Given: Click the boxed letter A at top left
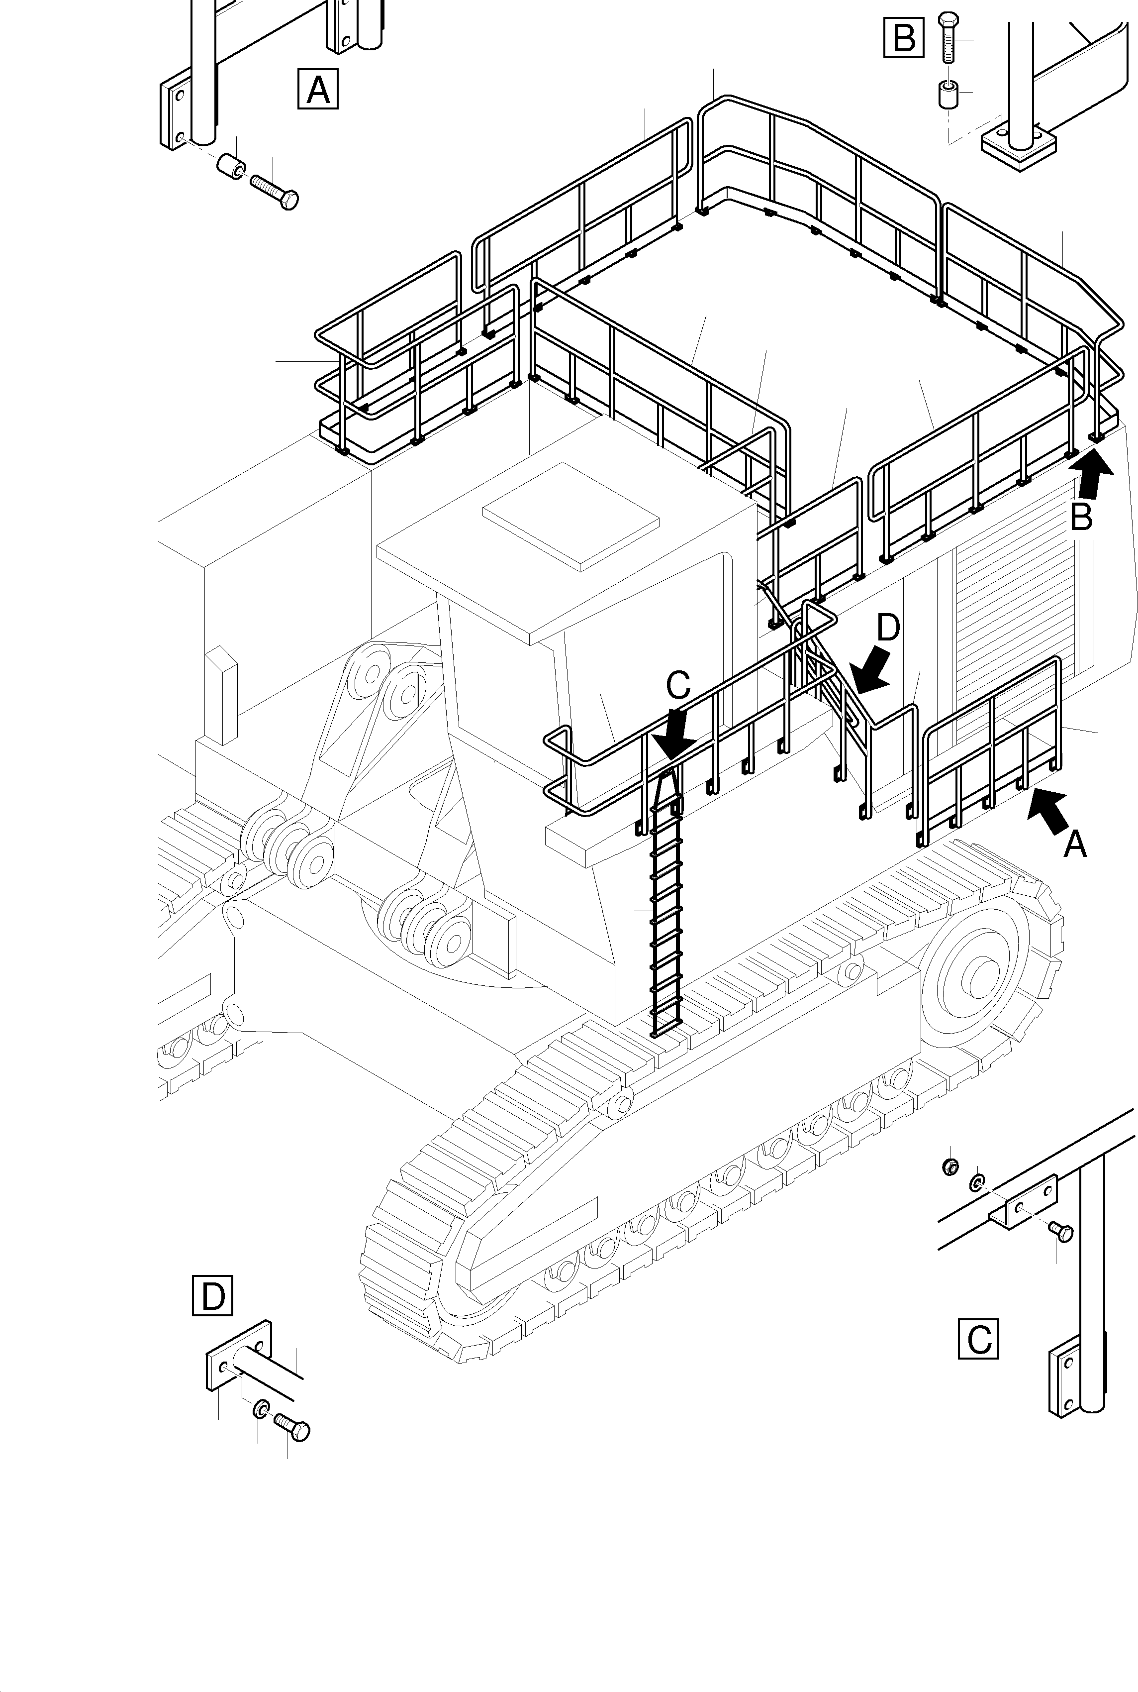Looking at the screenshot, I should click(x=318, y=89).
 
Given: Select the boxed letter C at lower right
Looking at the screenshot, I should click(x=978, y=1338).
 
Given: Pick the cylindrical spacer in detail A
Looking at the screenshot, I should click(x=231, y=166).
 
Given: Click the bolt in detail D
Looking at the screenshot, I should click(x=292, y=1428).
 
